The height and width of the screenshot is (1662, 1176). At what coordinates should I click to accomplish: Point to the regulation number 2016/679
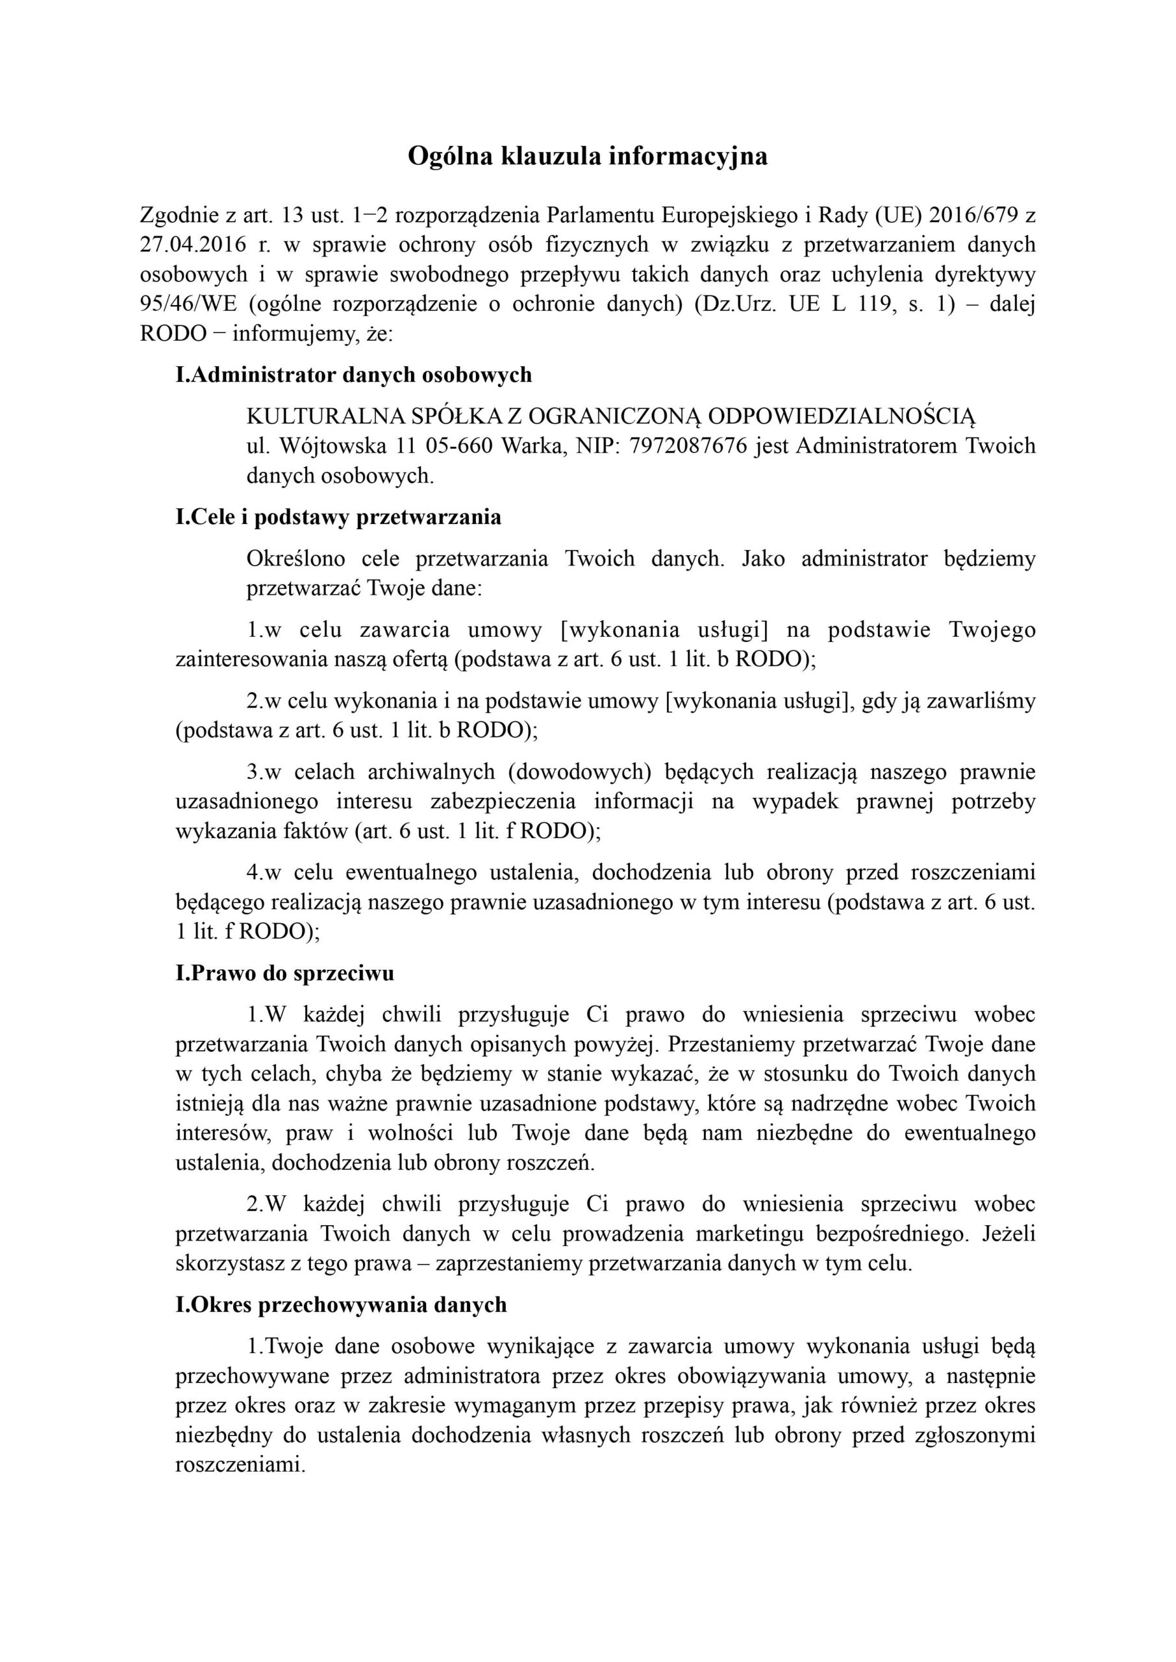tap(975, 215)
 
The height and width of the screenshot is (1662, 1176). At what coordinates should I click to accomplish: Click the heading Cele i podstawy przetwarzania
tap(338, 517)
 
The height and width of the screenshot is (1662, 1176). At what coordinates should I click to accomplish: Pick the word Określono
tap(295, 559)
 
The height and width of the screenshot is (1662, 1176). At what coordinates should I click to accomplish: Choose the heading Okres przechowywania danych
tap(341, 1304)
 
